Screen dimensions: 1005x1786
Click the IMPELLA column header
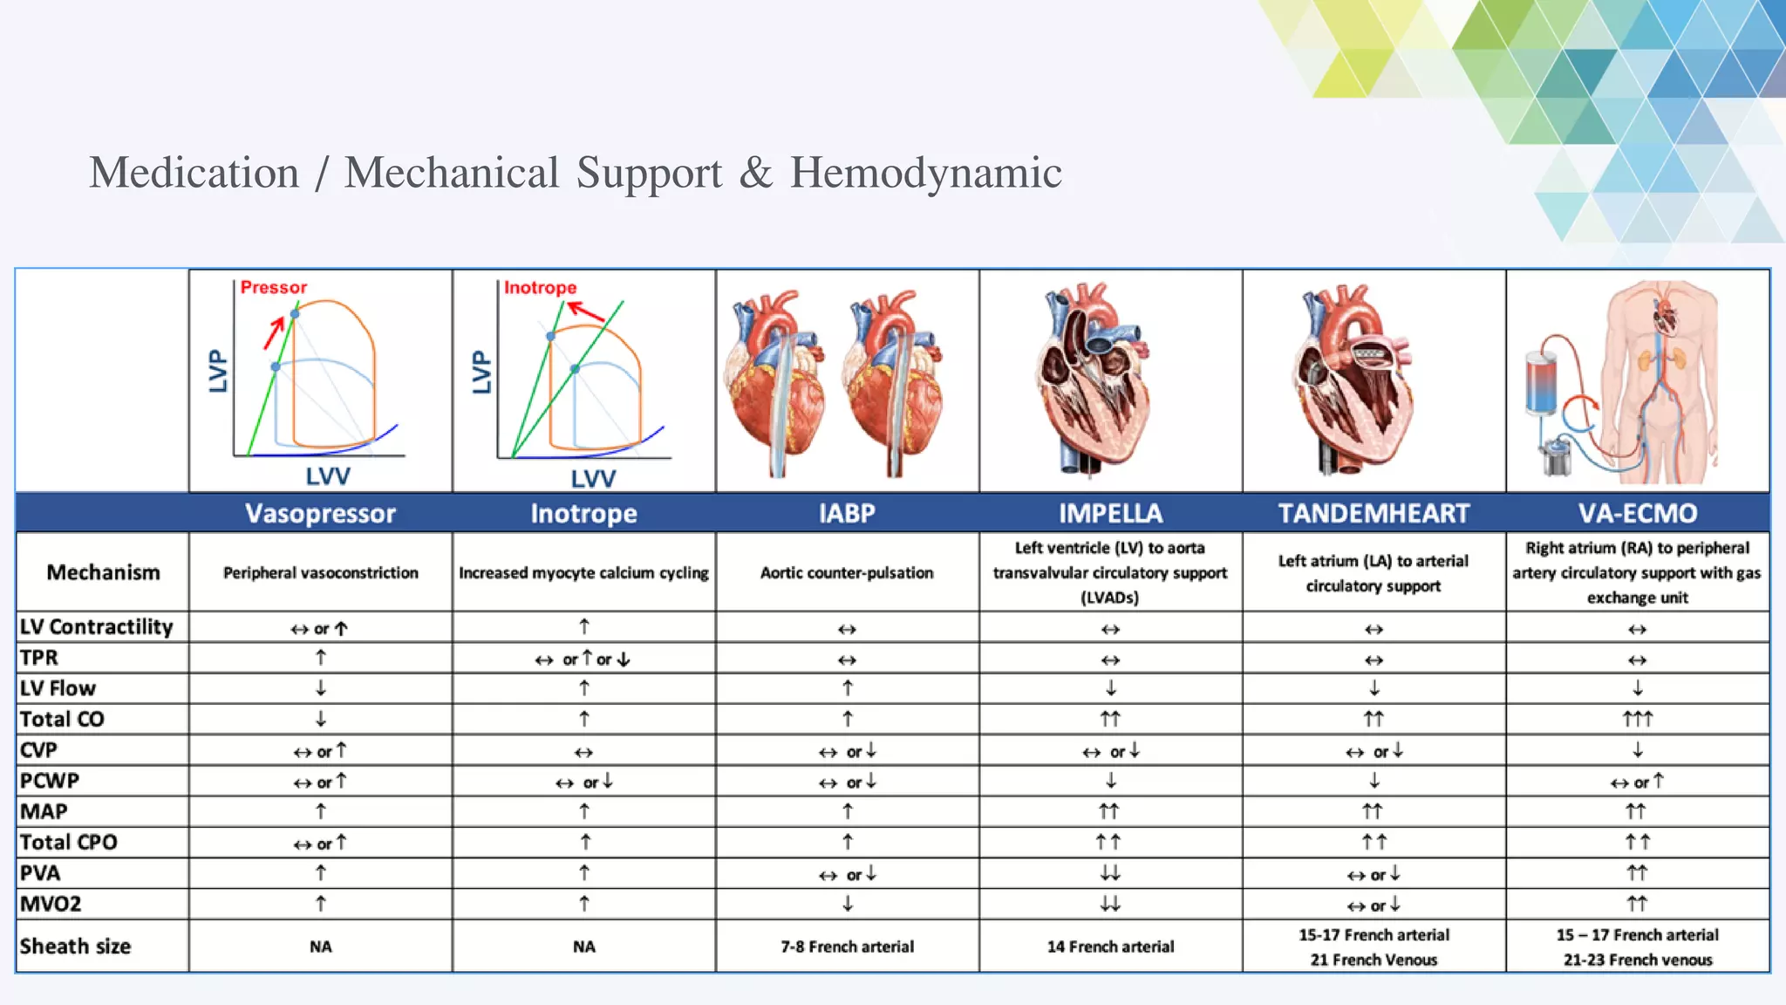[x=1110, y=513]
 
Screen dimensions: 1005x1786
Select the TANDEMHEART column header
[x=1374, y=513]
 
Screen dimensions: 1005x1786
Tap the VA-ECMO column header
[x=1637, y=513]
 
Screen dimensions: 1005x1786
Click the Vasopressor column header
[x=320, y=513]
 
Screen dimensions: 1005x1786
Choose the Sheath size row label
[x=75, y=947]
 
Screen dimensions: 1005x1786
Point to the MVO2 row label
[x=51, y=904]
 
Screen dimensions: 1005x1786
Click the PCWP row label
[x=50, y=781]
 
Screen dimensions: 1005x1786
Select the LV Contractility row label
[x=96, y=627]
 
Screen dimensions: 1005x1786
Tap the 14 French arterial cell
[x=1110, y=947]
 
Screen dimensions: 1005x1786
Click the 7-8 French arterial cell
[x=847, y=947]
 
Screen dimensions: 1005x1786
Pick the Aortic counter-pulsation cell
[x=847, y=573]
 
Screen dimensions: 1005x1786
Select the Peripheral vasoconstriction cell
[x=320, y=573]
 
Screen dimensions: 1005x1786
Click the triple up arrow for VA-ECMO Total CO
[x=1637, y=719]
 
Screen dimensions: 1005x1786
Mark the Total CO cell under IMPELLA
[x=1110, y=719]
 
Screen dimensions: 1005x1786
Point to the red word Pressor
[x=274, y=287]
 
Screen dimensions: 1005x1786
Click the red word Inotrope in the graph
[x=540, y=287]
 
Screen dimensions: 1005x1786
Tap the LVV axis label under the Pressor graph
[x=328, y=476]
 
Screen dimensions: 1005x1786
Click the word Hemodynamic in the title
[x=925, y=173]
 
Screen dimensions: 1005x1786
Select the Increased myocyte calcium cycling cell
[x=583, y=573]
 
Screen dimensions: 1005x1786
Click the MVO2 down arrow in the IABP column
[x=847, y=904]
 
